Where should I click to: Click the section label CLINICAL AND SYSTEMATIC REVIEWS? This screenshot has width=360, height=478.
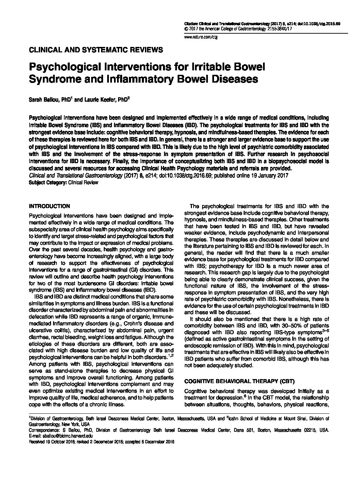(x=96, y=50)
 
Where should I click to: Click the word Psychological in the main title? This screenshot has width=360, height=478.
(x=70, y=67)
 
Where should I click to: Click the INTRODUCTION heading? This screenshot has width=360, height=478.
(x=50, y=206)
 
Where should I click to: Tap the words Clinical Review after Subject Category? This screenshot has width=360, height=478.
(x=83, y=182)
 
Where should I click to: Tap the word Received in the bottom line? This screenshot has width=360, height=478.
(x=37, y=441)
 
